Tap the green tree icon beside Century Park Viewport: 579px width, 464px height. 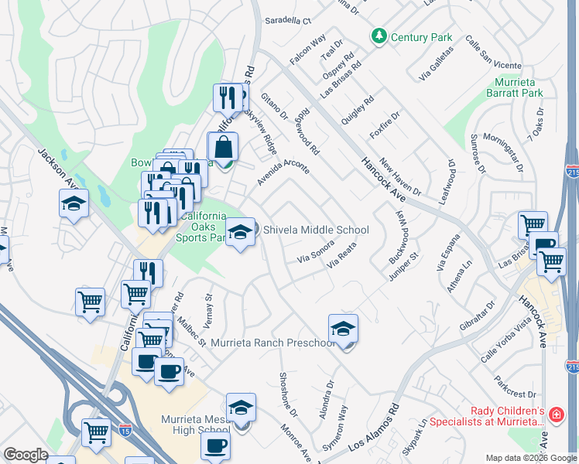379,36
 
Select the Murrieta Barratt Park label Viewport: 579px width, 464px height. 518,87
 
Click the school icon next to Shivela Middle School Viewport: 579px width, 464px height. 241,232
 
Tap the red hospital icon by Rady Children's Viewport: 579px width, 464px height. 556,415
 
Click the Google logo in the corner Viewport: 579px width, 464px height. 26,455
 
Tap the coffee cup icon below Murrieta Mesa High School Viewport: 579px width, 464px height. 215,446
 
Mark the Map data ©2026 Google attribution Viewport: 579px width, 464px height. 532,458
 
